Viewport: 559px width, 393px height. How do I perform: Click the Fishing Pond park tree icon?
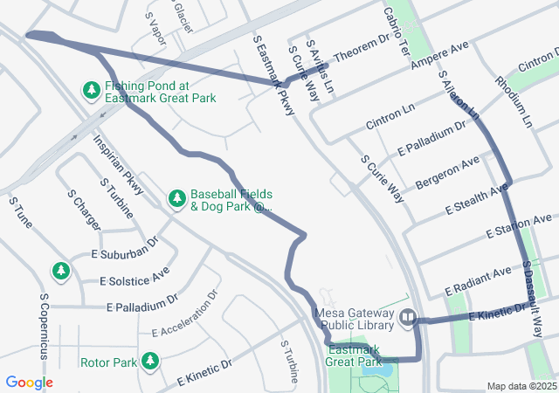pyautogui.click(x=92, y=90)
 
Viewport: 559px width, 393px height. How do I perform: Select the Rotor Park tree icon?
pyautogui.click(x=150, y=360)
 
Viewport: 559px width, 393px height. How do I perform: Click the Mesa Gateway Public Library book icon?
pyautogui.click(x=407, y=319)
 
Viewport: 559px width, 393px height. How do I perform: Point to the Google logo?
pyautogui.click(x=30, y=383)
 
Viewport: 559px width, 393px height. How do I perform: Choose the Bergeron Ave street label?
pyautogui.click(x=447, y=172)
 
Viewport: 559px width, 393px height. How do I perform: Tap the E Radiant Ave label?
pyautogui.click(x=476, y=280)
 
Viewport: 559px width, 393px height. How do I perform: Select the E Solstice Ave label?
pyautogui.click(x=135, y=279)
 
